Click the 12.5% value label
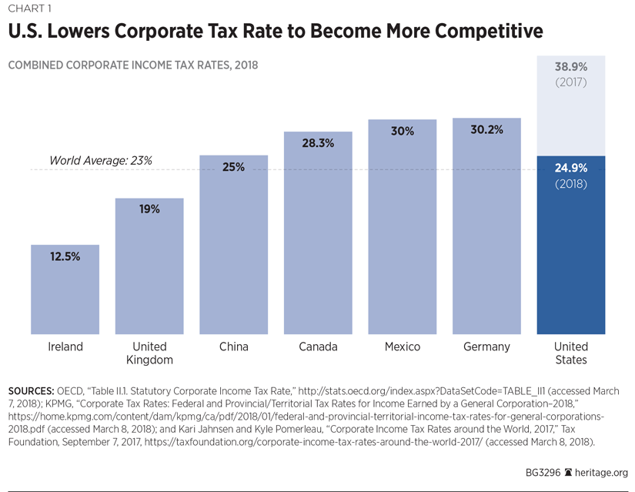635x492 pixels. click(65, 256)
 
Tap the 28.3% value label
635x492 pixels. click(318, 143)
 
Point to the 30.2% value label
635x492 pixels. click(486, 130)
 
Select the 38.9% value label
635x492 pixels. click(570, 67)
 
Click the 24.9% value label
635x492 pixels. click(570, 168)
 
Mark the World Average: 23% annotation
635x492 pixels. click(101, 161)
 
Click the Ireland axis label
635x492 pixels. click(65, 346)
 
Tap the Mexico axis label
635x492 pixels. click(403, 346)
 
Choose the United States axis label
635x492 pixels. click(570, 353)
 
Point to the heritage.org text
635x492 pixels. click(603, 473)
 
